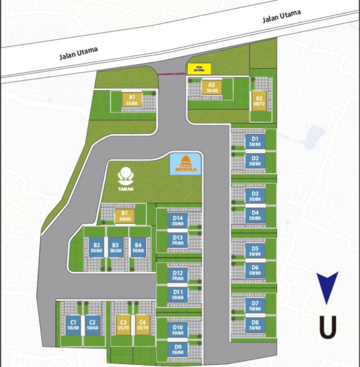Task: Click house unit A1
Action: pos(132,100)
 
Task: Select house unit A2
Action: pos(212,88)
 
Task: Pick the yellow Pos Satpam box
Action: pos(199,69)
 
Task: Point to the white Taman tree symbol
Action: pos(126,174)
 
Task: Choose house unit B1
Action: pos(125,215)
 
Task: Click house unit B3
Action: pos(115,247)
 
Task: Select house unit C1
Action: pos(73,325)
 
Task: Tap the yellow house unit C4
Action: pos(141,325)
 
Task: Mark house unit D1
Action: pos(255,141)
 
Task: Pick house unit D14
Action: pos(178,221)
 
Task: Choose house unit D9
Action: pos(178,349)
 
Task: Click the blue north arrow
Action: pos(328,287)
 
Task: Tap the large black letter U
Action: pos(328,327)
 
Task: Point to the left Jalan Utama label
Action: pos(78,53)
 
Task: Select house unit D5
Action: pos(255,251)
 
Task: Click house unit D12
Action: pos(178,275)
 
